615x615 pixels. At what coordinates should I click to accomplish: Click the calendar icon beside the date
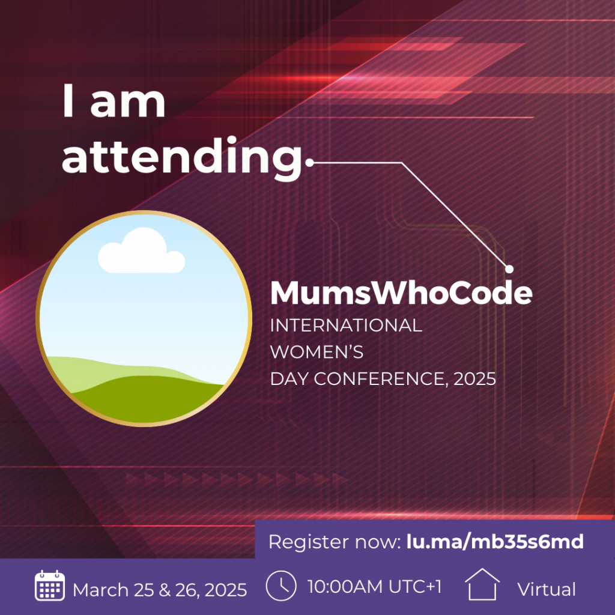coord(50,586)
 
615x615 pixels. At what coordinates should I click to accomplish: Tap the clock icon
coord(281,586)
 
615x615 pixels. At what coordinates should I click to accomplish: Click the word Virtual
coord(547,589)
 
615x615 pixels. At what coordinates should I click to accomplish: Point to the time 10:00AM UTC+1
coord(375,587)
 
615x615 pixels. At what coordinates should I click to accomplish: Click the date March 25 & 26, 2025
coord(160,590)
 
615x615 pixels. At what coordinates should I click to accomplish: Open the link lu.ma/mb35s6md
coord(495,542)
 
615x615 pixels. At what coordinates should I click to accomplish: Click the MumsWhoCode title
coord(401,292)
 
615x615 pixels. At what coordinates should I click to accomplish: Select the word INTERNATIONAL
coord(347,326)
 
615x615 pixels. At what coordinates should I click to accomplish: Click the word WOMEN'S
coord(317,352)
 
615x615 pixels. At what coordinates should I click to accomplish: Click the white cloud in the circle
coord(141,250)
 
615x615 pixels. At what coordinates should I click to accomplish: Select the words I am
coord(114,101)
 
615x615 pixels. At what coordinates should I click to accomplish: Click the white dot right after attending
coord(309,162)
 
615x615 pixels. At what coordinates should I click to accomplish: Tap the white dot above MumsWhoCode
coord(509,269)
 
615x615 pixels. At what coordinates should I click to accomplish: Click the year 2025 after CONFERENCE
coord(474,379)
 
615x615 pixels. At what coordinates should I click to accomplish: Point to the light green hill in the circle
coord(98,372)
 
